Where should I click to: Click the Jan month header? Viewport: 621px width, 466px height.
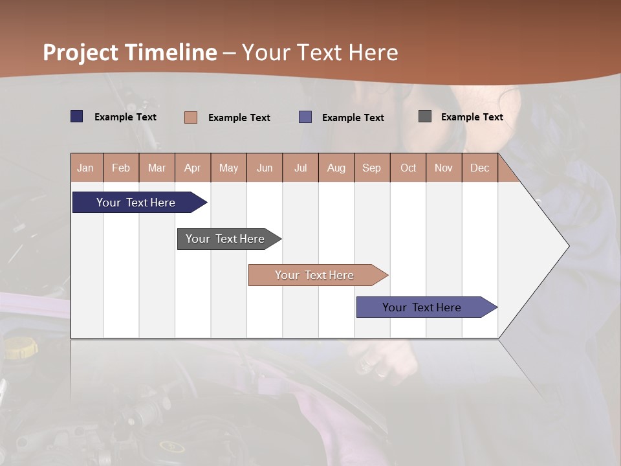(x=86, y=168)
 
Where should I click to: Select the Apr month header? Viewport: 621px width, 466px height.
(x=193, y=168)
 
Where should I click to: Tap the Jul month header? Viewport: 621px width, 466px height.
(x=300, y=168)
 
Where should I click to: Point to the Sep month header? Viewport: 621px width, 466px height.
(x=372, y=168)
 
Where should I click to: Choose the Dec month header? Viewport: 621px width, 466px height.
(x=479, y=168)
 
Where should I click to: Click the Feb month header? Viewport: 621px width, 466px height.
(x=121, y=168)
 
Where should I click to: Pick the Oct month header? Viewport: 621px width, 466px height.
(x=408, y=168)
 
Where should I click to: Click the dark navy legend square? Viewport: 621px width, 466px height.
(x=77, y=116)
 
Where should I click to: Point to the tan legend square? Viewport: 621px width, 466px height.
(x=191, y=117)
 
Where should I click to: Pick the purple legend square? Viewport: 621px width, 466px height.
(x=305, y=117)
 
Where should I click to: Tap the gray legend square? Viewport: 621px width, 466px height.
(x=425, y=116)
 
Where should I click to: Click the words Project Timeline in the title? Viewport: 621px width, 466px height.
(x=129, y=52)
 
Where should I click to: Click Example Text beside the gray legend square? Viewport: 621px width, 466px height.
(x=472, y=117)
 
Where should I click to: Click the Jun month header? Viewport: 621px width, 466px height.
(x=265, y=168)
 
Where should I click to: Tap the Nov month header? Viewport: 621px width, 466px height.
(x=444, y=168)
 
